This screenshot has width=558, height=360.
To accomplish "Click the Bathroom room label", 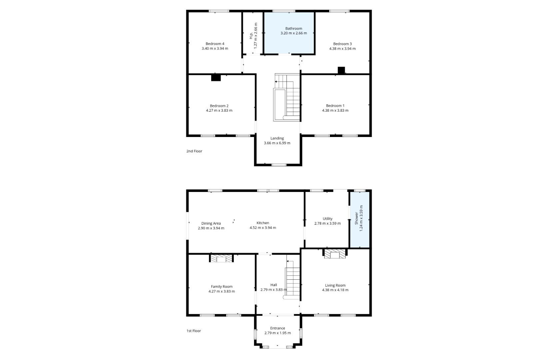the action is (294, 28).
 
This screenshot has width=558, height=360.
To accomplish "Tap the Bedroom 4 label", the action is (215, 44).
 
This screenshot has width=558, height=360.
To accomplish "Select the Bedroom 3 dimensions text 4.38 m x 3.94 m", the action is (342, 49).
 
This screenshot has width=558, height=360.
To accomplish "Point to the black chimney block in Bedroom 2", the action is (216, 78).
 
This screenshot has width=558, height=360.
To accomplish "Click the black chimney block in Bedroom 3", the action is (341, 70).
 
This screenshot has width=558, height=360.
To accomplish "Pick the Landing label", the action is (277, 138).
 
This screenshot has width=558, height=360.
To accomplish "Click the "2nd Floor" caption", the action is (194, 151).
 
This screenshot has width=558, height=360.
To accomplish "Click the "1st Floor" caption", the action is (194, 331).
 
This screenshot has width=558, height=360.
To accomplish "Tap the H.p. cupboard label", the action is (251, 36).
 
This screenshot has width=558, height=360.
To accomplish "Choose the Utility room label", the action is (327, 219).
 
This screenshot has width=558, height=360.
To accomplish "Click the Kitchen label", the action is (263, 223).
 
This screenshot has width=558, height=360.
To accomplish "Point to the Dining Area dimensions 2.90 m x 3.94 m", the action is (211, 228).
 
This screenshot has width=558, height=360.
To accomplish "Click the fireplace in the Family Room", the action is (221, 258).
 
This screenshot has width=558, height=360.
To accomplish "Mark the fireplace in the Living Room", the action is (335, 254).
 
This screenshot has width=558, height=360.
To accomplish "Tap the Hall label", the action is (274, 285).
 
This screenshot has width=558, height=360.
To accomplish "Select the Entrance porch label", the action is (278, 328).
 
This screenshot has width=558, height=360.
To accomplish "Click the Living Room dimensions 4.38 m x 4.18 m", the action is (335, 290).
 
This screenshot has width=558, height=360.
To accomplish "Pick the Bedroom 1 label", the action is (335, 106).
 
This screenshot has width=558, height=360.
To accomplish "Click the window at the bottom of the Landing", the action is (279, 165).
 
